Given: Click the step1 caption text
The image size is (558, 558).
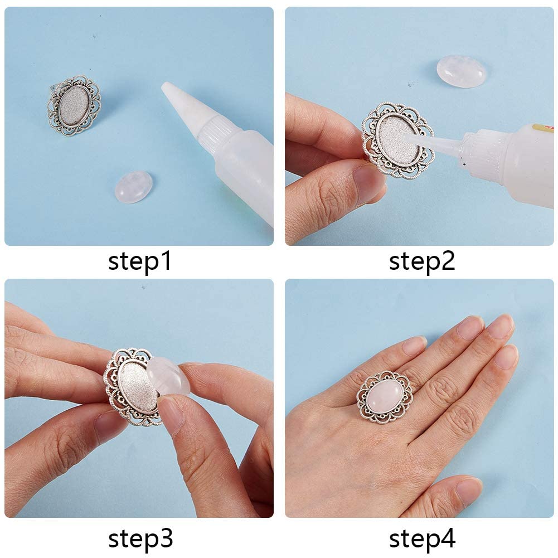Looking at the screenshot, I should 139,261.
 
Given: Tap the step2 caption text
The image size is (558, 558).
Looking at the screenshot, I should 422,261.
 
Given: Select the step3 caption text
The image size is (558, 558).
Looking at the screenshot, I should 139,539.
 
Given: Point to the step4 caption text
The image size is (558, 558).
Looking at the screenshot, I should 422,539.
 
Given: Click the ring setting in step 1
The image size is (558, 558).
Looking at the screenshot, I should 74,106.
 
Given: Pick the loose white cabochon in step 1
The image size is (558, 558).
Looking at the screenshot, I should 133,187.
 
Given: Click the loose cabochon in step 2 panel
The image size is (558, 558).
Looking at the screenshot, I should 461,71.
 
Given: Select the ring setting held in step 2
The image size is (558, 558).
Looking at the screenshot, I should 397,139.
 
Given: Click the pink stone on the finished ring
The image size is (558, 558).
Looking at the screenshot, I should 386,397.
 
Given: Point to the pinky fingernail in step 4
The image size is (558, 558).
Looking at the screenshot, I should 414,346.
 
